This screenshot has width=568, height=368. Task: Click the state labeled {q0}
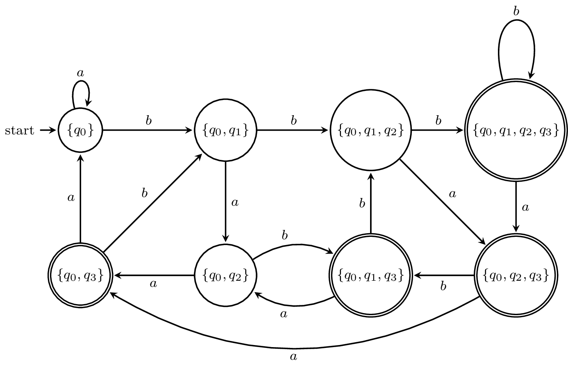pos(80,130)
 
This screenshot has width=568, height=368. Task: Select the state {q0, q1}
pos(225,130)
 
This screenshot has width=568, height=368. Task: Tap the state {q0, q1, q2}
pos(370,130)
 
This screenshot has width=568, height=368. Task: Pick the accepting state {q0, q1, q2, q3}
pos(516,130)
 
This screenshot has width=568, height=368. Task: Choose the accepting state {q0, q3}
pos(80,275)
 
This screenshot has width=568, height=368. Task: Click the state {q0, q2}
pos(225,275)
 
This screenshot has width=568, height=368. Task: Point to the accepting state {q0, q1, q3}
pos(370,275)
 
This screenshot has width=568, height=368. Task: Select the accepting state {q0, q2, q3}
pos(516,275)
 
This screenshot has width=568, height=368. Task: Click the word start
pos(19,131)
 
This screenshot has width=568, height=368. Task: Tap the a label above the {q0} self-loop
pos(80,73)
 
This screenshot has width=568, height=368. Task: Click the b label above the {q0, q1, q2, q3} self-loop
pos(516,11)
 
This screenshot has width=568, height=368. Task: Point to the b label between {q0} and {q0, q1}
pos(149,120)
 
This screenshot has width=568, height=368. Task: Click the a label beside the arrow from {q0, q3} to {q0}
pos(71,198)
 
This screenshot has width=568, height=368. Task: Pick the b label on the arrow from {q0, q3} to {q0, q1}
pos(144,193)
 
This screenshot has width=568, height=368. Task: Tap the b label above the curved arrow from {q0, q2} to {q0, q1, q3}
pos(285,235)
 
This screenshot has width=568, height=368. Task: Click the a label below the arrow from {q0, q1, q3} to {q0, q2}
pos(283,314)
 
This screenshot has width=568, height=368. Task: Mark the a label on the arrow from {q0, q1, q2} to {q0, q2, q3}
pos(452,194)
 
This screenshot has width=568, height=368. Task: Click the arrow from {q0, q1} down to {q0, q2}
pos(225,201)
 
